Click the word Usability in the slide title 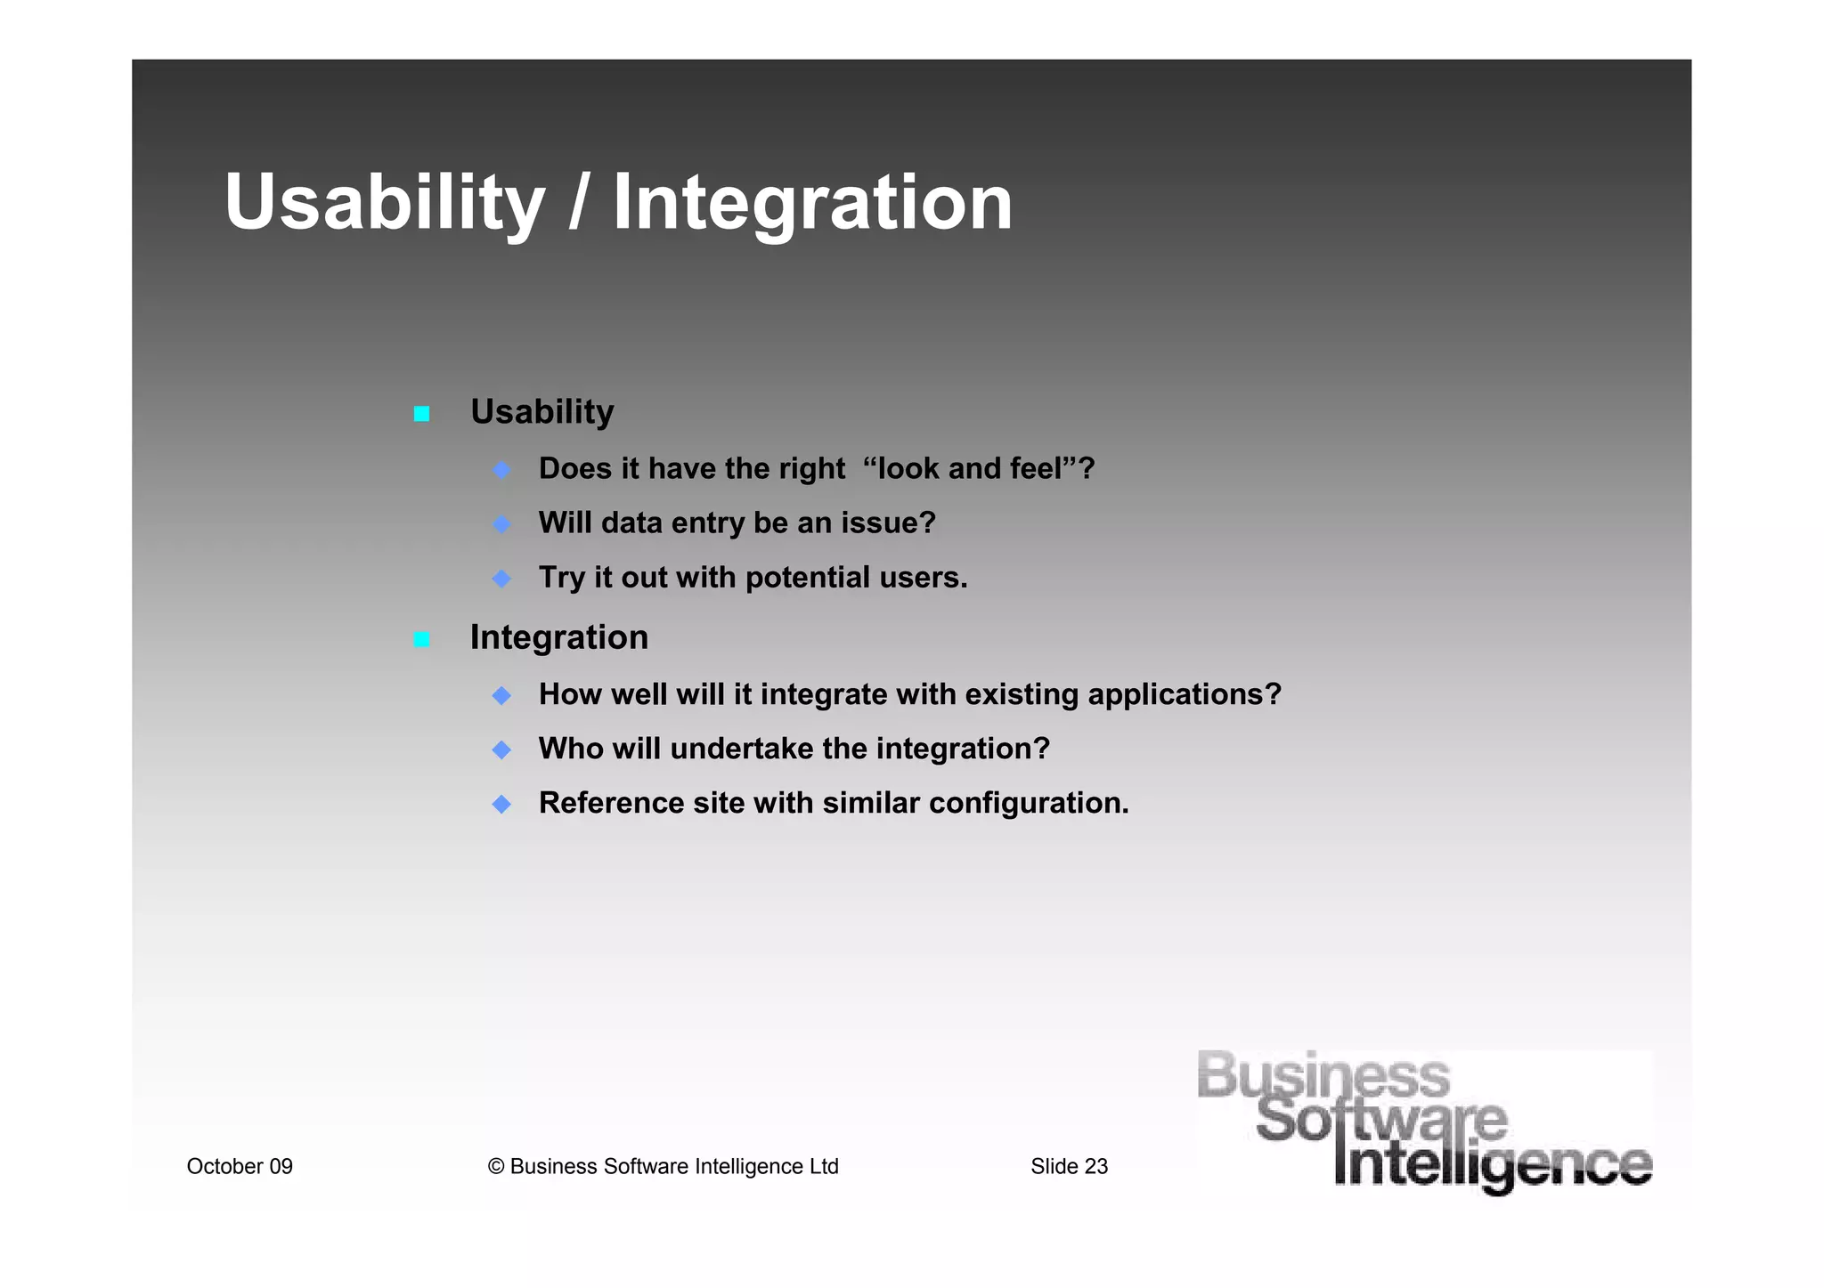click(x=384, y=203)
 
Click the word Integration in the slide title click(x=812, y=203)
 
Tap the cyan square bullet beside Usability click(x=422, y=414)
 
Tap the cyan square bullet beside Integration click(x=422, y=639)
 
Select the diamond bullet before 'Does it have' click(x=501, y=469)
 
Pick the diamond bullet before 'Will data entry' click(x=501, y=524)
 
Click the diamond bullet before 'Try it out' click(x=501, y=579)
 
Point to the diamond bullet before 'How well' click(x=501, y=695)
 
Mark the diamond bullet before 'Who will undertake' click(x=501, y=749)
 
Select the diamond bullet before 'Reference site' click(x=501, y=804)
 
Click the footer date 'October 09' click(x=240, y=1166)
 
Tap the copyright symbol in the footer click(x=496, y=1166)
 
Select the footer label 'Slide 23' click(x=1069, y=1166)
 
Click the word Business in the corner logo click(x=1323, y=1075)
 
